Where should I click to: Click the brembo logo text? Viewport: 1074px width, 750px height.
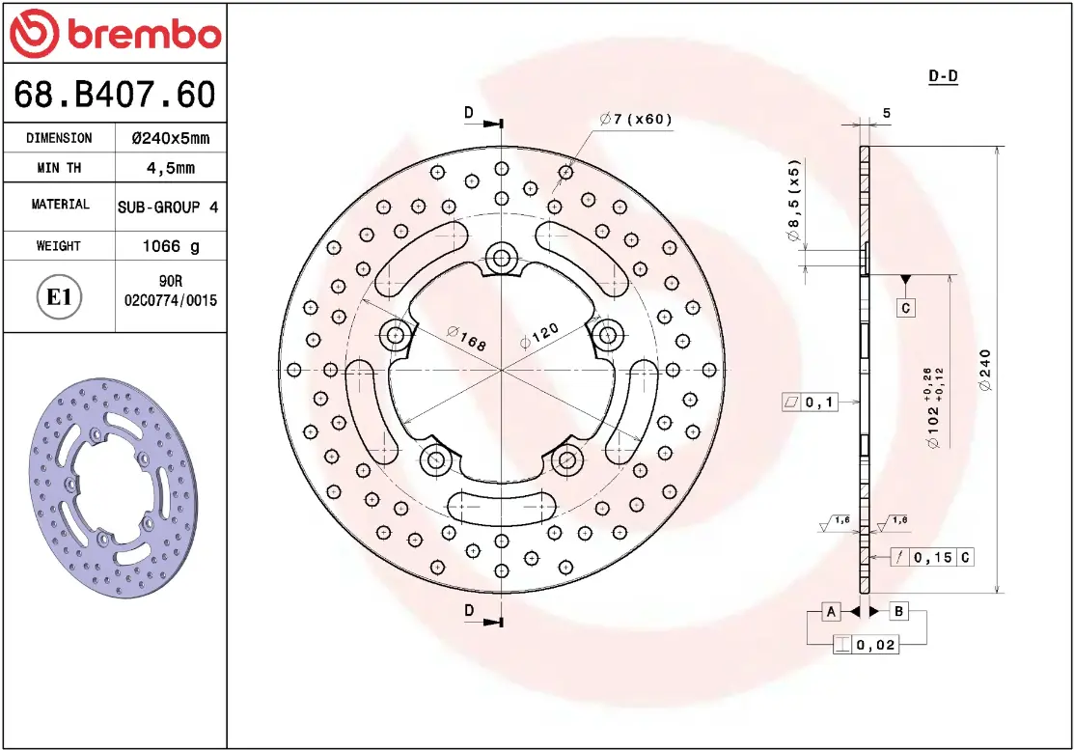(144, 34)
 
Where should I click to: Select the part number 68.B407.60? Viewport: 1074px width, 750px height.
(115, 94)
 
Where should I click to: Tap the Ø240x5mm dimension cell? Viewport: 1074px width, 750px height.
(171, 138)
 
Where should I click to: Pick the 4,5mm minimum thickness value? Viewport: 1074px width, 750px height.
(171, 168)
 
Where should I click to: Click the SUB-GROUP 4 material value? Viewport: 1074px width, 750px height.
(168, 207)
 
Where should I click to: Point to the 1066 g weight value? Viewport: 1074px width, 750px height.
(171, 246)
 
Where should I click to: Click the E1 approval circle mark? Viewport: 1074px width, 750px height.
(59, 297)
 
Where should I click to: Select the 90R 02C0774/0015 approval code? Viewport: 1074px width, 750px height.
(171, 291)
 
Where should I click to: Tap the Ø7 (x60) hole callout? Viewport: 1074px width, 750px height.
(636, 119)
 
